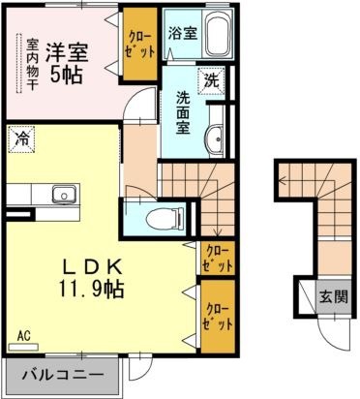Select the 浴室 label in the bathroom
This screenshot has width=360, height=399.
(x=182, y=32)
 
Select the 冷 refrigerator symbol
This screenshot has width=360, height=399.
(x=20, y=138)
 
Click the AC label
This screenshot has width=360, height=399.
(x=23, y=337)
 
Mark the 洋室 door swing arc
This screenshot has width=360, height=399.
(x=141, y=101)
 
